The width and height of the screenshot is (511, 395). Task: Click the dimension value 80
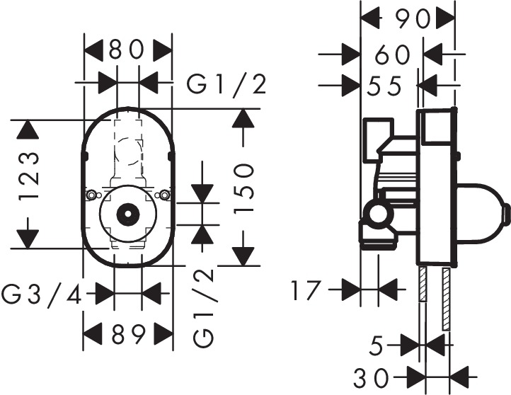click(128, 50)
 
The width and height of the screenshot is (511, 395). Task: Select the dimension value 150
click(243, 188)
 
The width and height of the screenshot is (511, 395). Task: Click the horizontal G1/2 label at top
click(226, 85)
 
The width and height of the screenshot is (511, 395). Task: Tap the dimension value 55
click(385, 86)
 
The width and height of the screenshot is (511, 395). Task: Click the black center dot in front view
click(128, 212)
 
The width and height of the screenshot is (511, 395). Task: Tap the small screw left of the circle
click(91, 195)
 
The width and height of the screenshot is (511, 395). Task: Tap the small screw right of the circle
click(166, 195)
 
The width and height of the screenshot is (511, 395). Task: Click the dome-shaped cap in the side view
click(481, 209)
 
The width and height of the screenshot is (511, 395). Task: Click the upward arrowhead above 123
click(28, 130)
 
